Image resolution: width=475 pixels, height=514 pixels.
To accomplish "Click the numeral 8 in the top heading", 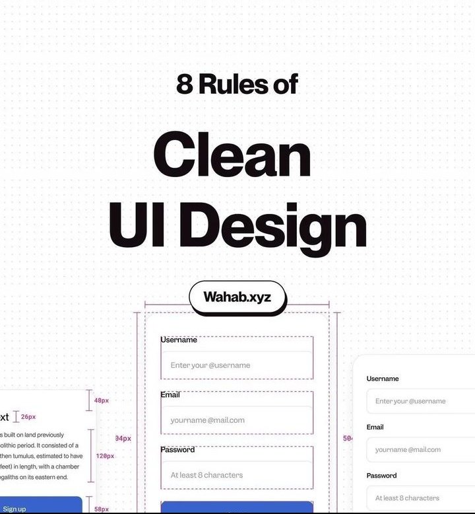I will tap(184, 85).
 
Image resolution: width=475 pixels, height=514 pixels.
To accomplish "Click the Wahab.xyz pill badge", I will tap(237, 297).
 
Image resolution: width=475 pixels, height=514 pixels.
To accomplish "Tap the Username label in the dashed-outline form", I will tap(179, 340).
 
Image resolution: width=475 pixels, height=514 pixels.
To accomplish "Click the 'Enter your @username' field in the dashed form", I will tap(237, 365).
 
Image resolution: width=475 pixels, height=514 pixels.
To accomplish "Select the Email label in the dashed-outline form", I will tap(170, 394).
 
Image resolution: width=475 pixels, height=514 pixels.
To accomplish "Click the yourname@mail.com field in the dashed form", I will tap(237, 420).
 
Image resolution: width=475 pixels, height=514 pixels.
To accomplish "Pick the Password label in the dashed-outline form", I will tap(177, 450).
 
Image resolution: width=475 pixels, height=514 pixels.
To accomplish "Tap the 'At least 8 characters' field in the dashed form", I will tap(237, 475).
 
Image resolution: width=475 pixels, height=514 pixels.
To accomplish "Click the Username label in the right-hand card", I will tap(383, 379).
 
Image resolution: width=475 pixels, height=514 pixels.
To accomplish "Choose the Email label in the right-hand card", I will tap(375, 427).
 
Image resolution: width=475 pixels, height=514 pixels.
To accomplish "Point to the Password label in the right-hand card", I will tap(382, 476).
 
